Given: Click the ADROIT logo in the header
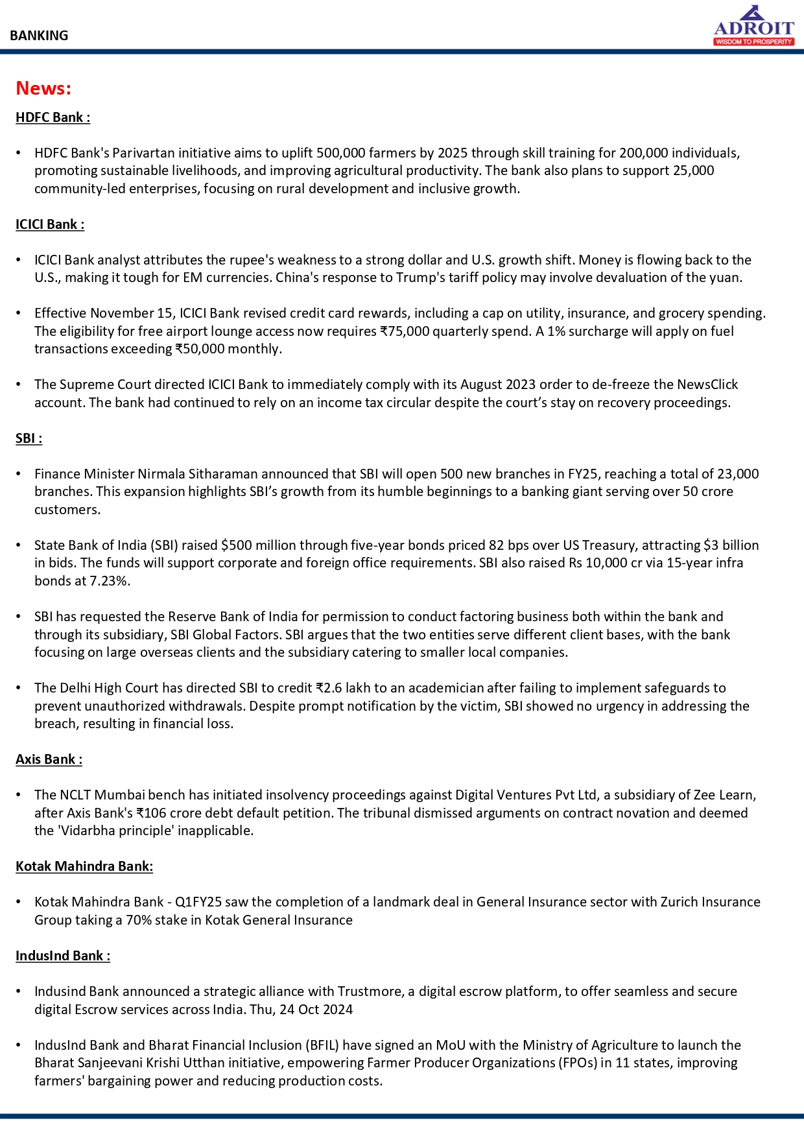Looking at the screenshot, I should coord(753,26).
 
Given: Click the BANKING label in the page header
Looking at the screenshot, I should coord(39,36).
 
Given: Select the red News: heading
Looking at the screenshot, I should coord(43,88).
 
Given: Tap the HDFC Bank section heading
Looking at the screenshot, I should coord(53,117).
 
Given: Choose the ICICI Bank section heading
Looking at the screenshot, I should coord(50,224).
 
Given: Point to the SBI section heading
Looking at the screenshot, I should coord(29,438).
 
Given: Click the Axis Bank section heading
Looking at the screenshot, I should coord(49,759).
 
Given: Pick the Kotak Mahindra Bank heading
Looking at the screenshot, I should coord(84,866).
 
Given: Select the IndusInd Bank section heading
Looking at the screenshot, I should coord(63,956).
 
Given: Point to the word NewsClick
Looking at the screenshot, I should coord(707,385).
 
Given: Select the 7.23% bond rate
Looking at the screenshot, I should coord(110,581).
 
